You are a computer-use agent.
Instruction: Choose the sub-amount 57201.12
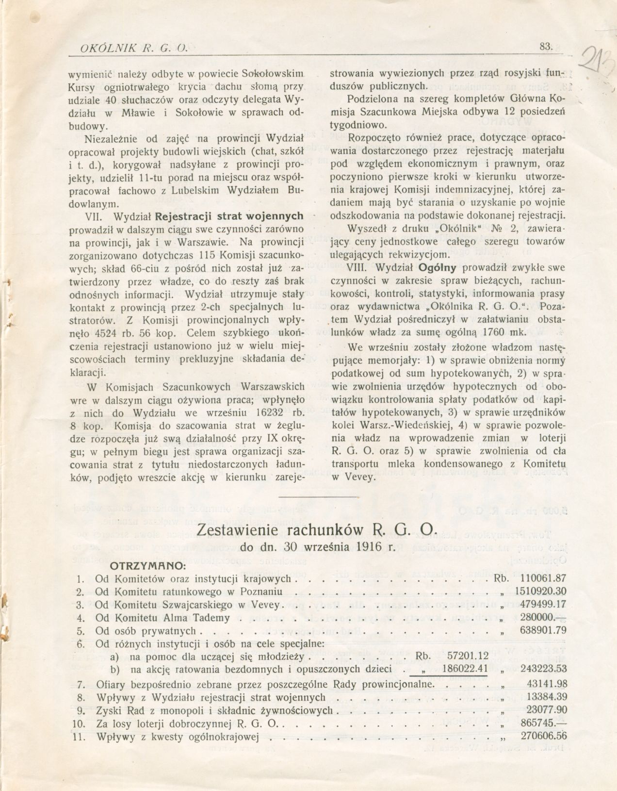pyautogui.click(x=465, y=656)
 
